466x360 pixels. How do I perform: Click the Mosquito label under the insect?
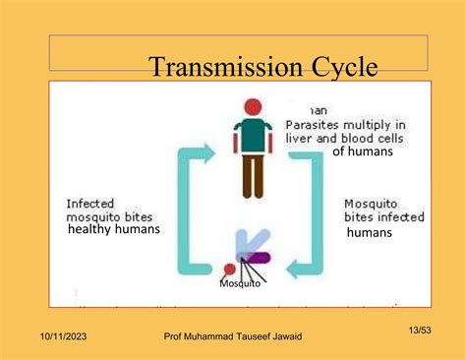[x=240, y=283]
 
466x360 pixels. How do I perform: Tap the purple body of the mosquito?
[x=258, y=258]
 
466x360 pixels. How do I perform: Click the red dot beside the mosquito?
[x=230, y=269]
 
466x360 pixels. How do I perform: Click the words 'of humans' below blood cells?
[x=362, y=151]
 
